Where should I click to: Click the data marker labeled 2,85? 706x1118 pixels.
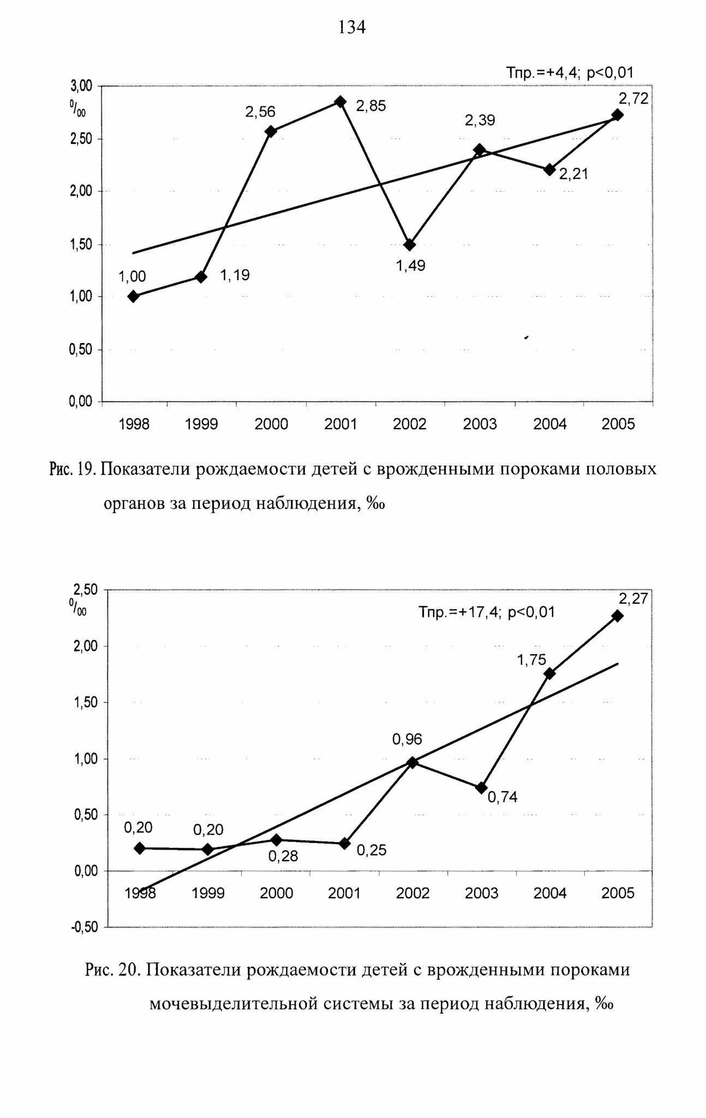[x=340, y=102]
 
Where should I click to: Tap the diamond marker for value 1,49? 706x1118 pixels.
[x=410, y=244]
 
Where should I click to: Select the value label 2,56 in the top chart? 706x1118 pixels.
[x=260, y=112]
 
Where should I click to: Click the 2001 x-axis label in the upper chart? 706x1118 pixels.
[x=340, y=424]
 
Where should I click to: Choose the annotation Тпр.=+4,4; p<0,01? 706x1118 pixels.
[x=570, y=73]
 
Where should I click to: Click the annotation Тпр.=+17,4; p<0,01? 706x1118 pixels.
[x=487, y=612]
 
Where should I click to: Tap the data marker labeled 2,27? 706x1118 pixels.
[x=618, y=616]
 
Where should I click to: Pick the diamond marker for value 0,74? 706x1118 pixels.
[x=481, y=788]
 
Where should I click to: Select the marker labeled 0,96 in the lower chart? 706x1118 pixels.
[x=412, y=762]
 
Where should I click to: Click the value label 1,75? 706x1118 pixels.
[x=531, y=660]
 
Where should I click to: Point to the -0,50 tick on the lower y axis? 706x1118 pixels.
[x=85, y=927]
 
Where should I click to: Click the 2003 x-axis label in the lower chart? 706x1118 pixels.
[x=481, y=893]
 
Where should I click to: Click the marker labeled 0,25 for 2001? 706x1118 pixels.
[x=345, y=843]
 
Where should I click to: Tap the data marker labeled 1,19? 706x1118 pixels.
[x=201, y=277]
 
